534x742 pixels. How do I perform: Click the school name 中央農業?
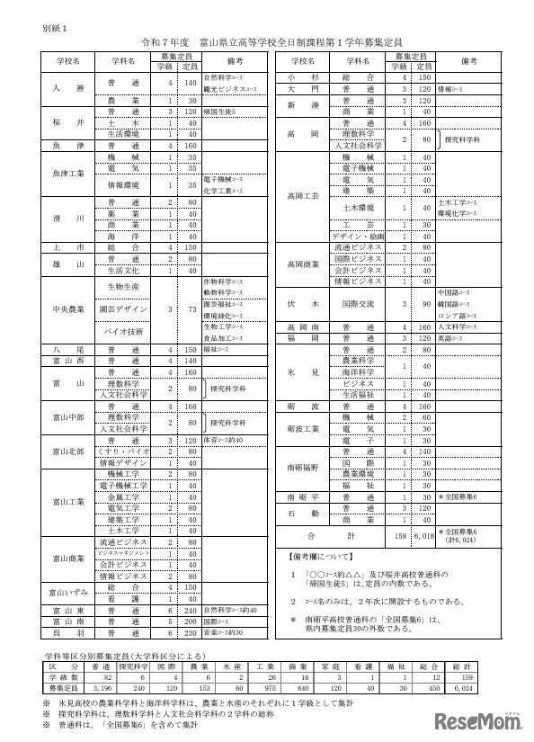click(x=69, y=308)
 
